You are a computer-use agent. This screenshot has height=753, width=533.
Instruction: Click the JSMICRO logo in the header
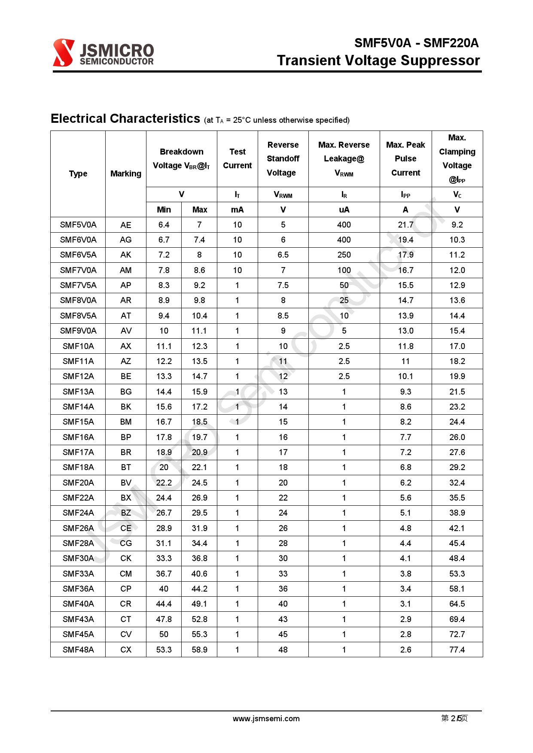103,53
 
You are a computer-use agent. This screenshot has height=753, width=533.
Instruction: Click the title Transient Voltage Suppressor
378,61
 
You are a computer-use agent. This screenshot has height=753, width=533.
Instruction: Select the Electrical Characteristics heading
125,118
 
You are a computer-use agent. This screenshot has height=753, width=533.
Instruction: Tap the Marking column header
125,173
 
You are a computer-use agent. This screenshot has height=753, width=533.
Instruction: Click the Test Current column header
237,158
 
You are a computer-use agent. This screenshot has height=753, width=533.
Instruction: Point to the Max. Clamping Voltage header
457,158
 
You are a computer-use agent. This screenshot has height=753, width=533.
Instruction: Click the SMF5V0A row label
78,225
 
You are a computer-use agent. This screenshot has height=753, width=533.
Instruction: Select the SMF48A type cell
78,650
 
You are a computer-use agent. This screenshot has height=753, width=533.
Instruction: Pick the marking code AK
125,255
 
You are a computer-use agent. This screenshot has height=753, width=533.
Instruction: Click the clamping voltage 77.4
457,650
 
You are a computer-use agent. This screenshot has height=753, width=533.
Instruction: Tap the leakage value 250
344,255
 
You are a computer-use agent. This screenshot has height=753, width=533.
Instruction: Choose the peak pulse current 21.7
405,225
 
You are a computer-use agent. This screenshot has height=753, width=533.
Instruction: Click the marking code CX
125,650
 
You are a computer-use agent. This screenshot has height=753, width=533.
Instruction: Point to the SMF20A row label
78,483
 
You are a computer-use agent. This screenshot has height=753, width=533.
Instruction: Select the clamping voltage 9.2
457,225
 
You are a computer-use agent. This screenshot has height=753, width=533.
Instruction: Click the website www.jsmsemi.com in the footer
266,719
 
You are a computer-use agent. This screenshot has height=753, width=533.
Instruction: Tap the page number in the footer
454,718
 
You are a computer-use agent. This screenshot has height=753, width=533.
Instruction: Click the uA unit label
344,210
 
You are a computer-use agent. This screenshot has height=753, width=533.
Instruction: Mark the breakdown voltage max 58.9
199,650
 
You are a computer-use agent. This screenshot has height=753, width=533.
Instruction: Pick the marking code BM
125,422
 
